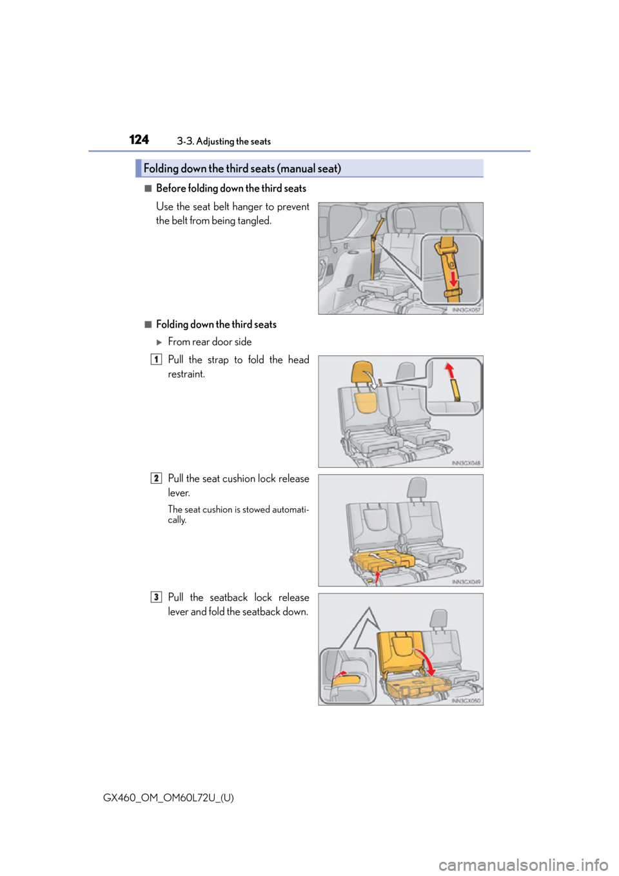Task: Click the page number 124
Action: [139, 139]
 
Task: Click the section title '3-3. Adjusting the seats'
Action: [224, 141]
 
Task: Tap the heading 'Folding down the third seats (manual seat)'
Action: [242, 168]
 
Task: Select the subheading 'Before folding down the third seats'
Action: [231, 188]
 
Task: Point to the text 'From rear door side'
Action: [210, 342]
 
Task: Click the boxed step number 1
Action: [156, 359]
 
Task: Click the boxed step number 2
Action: [156, 478]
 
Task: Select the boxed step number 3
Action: [156, 597]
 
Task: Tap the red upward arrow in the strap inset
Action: [450, 370]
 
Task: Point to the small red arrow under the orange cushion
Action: [377, 577]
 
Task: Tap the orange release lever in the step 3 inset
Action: [346, 681]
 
